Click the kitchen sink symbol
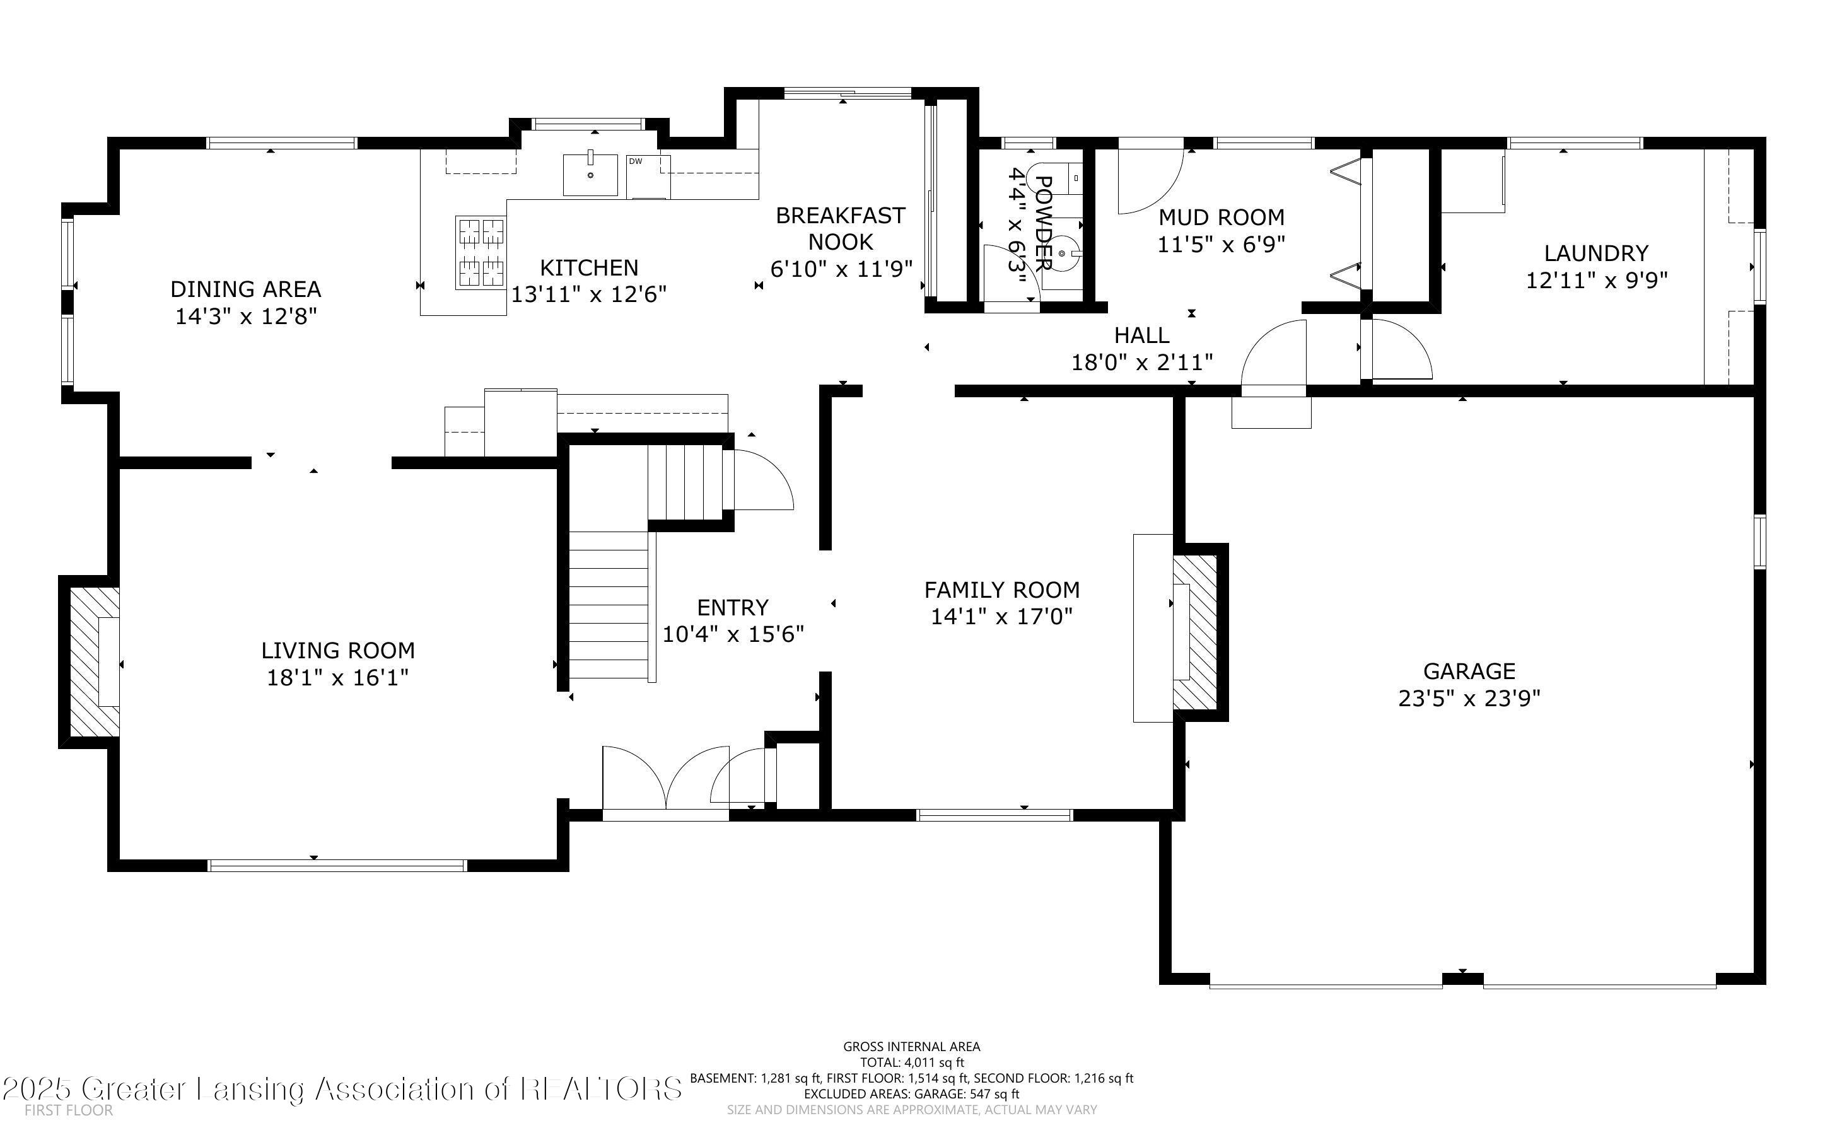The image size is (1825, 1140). click(x=590, y=175)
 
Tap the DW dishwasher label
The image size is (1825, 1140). click(x=636, y=161)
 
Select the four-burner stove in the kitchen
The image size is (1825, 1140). click(x=480, y=253)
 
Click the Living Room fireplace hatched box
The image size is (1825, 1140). click(x=94, y=662)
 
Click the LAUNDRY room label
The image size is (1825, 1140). click(x=1596, y=253)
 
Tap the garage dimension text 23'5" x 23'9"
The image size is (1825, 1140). click(x=1469, y=698)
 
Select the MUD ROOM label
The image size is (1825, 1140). click(x=1222, y=217)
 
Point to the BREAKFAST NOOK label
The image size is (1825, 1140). click(x=841, y=228)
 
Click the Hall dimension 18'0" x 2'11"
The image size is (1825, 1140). click(x=1142, y=363)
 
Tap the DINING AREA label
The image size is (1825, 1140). click(x=246, y=289)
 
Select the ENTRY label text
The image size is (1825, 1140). click(x=733, y=607)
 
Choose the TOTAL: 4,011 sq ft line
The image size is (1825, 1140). click(x=911, y=1063)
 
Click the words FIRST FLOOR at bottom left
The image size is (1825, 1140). click(x=69, y=1110)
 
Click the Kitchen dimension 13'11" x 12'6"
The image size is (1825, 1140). click(x=590, y=294)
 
